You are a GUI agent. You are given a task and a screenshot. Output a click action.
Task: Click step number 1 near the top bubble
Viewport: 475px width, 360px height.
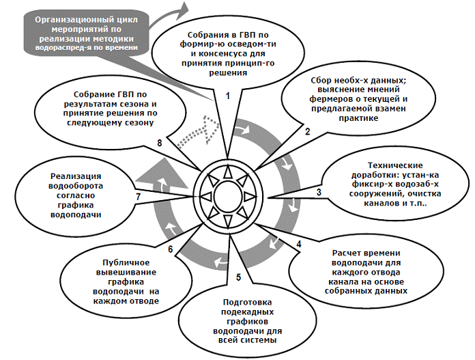[228, 96]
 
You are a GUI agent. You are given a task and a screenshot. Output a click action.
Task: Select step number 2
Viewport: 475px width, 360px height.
[308, 130]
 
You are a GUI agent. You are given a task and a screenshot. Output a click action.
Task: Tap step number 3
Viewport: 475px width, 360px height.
[319, 193]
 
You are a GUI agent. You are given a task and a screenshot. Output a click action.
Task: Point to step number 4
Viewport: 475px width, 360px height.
[298, 243]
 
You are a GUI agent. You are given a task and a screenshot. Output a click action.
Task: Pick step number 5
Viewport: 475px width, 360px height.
[238, 277]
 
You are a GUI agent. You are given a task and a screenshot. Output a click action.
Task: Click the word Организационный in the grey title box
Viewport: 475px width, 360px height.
[76, 20]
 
